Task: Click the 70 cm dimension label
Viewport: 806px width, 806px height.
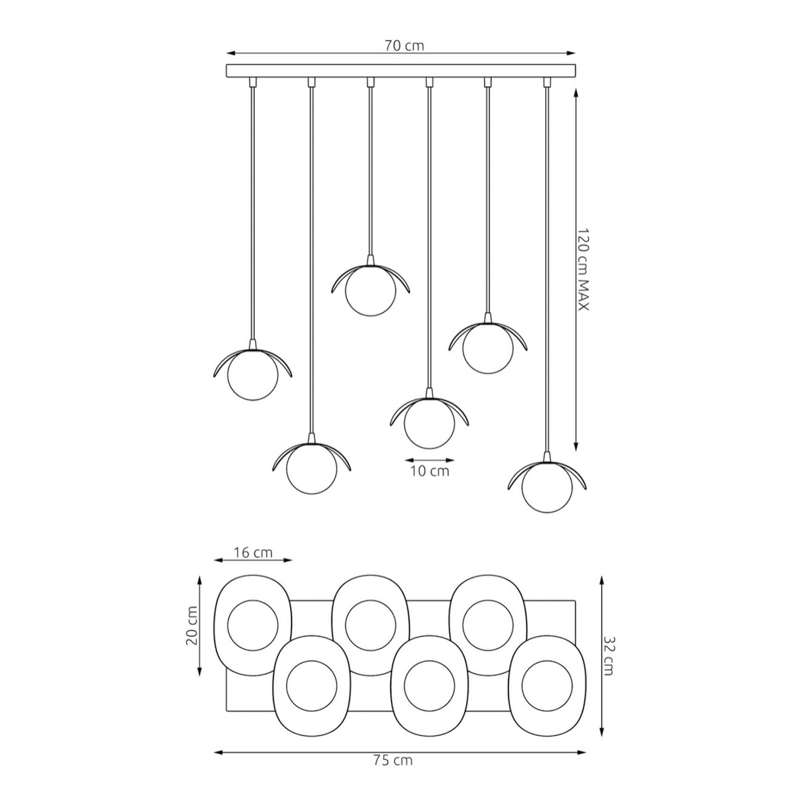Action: (404, 45)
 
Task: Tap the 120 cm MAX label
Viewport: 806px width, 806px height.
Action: (582, 269)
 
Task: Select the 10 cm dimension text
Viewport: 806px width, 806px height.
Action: (430, 471)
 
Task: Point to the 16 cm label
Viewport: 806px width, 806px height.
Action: (253, 553)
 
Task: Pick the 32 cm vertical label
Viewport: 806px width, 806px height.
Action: (608, 656)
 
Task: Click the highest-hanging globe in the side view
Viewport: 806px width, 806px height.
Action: (371, 291)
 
